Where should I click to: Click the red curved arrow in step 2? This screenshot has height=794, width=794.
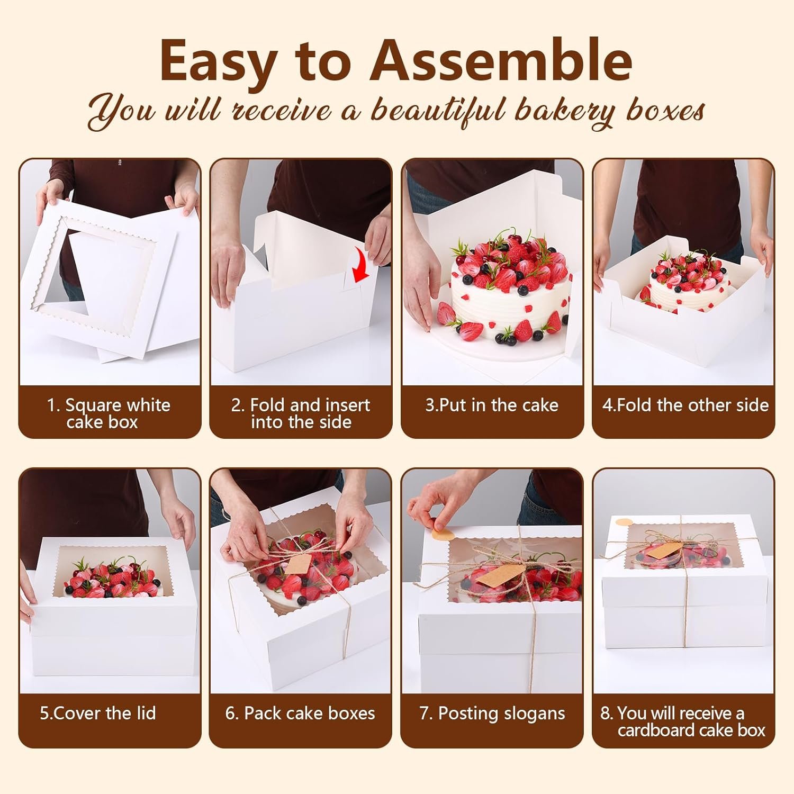[362, 267]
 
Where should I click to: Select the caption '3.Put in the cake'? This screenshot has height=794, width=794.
[492, 405]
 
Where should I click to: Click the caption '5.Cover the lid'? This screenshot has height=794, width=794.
[98, 713]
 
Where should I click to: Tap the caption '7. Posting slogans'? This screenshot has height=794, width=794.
[492, 713]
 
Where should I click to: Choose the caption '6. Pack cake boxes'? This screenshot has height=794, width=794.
[300, 713]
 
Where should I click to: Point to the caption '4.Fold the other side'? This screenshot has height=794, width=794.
[685, 405]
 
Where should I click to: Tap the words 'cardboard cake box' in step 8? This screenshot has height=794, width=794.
[691, 730]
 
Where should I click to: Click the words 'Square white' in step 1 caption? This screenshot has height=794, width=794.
[117, 405]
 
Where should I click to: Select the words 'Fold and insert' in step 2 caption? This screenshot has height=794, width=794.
[310, 405]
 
